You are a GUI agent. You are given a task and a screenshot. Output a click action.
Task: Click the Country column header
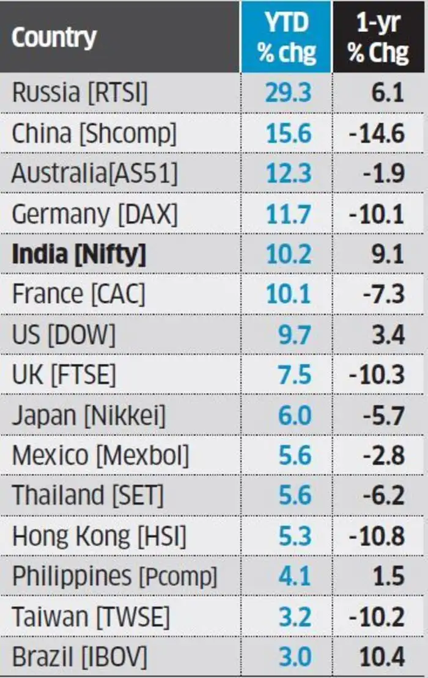(x=54, y=38)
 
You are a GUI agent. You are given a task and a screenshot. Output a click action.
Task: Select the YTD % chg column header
(x=287, y=38)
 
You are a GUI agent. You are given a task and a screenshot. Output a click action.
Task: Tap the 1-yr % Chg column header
(x=378, y=38)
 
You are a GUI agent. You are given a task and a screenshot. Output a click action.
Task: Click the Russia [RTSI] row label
(x=80, y=93)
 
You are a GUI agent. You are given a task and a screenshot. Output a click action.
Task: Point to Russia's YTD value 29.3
(x=288, y=93)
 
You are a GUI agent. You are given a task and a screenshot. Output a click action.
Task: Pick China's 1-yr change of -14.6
(x=377, y=133)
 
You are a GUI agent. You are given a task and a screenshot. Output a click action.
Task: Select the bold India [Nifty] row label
(x=79, y=254)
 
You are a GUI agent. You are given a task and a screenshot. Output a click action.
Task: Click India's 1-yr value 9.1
(x=388, y=254)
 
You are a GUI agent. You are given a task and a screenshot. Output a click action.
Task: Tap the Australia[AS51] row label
(x=95, y=173)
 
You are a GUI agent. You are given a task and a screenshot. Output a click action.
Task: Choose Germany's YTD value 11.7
(x=288, y=214)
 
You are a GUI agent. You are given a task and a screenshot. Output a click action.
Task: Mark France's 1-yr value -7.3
(x=382, y=294)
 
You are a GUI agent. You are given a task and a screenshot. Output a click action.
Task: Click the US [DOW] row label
(x=64, y=335)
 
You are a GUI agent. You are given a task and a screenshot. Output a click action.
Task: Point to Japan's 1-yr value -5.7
(x=382, y=415)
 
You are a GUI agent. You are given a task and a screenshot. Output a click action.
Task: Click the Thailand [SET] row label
(x=88, y=495)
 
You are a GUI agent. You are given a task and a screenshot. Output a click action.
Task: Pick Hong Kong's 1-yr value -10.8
(x=377, y=536)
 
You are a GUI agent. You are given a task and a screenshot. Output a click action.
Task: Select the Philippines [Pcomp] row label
(x=114, y=577)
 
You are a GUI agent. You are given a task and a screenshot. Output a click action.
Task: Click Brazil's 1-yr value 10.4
(x=382, y=657)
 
